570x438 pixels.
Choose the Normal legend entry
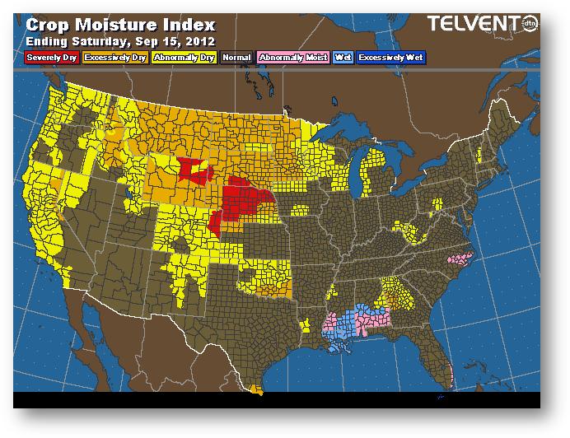point(236,58)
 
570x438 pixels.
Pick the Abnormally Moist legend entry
point(292,58)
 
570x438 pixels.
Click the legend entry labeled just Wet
point(342,58)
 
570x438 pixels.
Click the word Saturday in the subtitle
point(97,40)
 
